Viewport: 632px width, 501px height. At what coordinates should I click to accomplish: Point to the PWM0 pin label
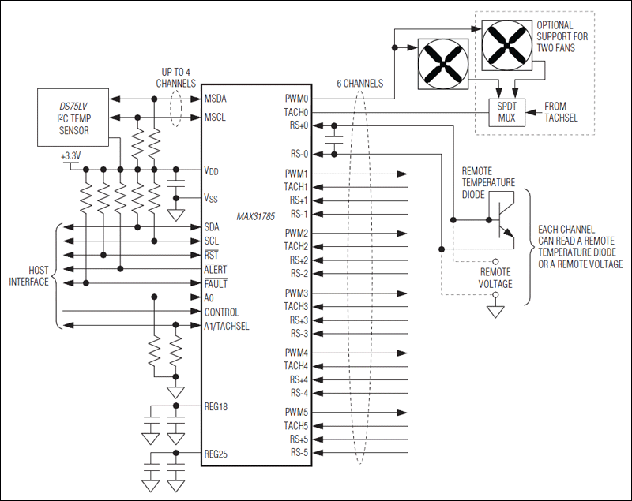click(x=297, y=99)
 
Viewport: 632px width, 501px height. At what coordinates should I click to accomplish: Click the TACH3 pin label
click(x=297, y=306)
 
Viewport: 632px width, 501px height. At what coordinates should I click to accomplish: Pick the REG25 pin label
click(x=218, y=454)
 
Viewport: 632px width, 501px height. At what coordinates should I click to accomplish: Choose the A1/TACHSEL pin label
click(x=227, y=326)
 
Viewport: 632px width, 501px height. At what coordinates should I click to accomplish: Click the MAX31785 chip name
click(x=256, y=215)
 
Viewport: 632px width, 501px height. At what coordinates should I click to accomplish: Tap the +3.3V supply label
click(x=71, y=157)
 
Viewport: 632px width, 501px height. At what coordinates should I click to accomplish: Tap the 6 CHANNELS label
click(x=360, y=84)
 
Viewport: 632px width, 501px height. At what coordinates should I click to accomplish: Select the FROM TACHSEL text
click(x=565, y=112)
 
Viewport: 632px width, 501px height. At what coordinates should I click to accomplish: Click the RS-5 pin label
click(x=299, y=453)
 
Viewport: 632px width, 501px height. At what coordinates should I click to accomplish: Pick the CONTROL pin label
click(x=222, y=312)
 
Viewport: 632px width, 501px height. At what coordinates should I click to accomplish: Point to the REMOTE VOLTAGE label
click(x=496, y=278)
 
